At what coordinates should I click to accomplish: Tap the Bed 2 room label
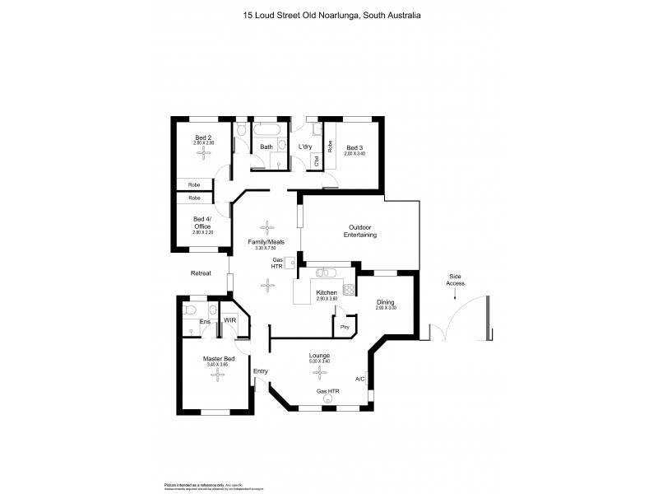coord(203,137)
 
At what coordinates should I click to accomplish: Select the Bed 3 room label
coord(354,148)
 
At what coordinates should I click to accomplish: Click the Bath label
coord(266,147)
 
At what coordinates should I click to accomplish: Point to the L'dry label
coord(304,147)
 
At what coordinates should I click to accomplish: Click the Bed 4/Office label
coord(202,222)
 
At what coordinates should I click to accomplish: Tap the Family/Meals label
coord(266,241)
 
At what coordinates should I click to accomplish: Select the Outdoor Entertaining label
coord(360,231)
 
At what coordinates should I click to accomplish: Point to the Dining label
coord(386,303)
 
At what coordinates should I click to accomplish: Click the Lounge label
coord(319,356)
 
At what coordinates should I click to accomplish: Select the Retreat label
coord(201,273)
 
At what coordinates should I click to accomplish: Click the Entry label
coord(261,371)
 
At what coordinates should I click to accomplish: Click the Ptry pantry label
coord(345,328)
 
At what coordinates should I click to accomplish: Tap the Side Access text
coord(456,280)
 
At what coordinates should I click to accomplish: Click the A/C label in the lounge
coord(360,380)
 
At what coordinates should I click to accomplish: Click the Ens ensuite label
coord(205,321)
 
